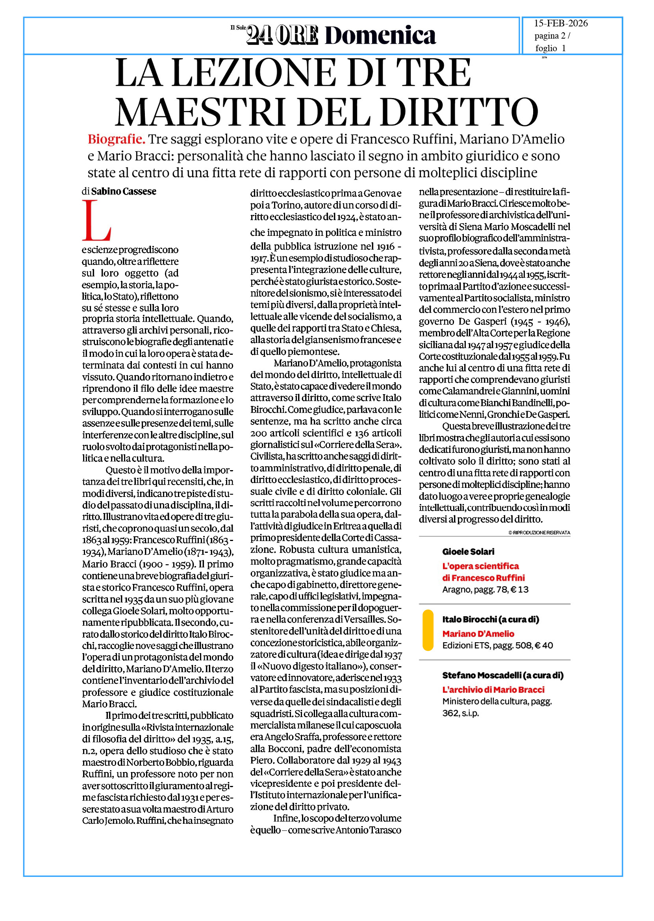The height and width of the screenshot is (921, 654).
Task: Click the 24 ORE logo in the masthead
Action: click(x=282, y=35)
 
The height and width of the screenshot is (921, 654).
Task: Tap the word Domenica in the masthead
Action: click(x=380, y=35)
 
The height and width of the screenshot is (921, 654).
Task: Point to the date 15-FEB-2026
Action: click(x=561, y=23)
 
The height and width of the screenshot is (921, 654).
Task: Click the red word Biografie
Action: click(x=117, y=139)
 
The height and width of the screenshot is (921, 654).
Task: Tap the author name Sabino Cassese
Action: click(x=124, y=191)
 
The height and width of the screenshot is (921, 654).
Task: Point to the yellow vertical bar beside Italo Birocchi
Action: click(x=428, y=630)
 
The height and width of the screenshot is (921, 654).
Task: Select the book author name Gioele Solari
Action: click(x=468, y=552)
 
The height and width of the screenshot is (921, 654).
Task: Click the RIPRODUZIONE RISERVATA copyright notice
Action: click(x=539, y=532)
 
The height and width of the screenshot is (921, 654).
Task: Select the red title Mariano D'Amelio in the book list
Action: click(x=478, y=634)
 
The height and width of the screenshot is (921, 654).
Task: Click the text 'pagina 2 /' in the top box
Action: click(x=552, y=36)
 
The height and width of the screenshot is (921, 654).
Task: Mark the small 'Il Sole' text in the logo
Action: click(x=238, y=28)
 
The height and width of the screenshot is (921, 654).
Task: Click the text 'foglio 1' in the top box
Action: click(x=550, y=48)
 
